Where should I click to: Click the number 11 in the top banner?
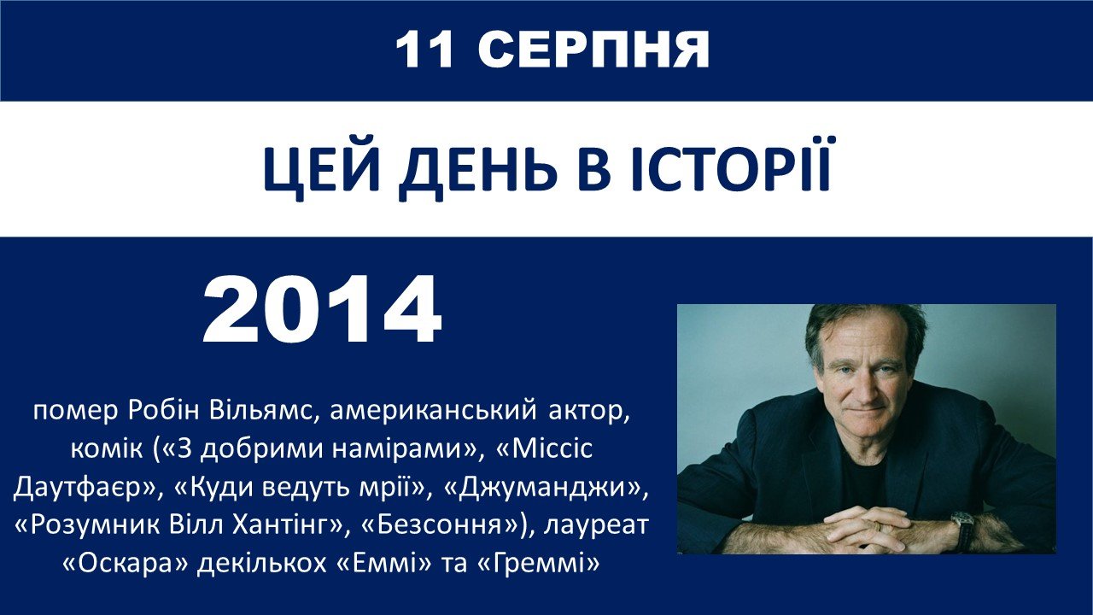click(424, 50)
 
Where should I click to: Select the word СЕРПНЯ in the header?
click(593, 50)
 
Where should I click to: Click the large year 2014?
click(322, 310)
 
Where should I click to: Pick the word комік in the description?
click(107, 448)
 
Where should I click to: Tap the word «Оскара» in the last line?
click(126, 564)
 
